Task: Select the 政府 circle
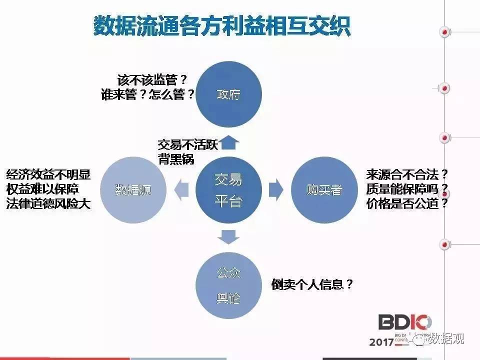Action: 228,93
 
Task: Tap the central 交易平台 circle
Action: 228,190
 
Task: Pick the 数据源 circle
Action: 133,190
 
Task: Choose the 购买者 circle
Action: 323,190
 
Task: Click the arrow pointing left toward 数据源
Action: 181,190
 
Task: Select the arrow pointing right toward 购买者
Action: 275,190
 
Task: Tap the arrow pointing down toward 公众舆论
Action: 228,235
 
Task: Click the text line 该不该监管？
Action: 152,80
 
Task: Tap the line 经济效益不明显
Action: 48,175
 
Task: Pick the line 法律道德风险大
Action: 48,204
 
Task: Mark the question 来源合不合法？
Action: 407,175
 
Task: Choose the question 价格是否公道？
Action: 407,204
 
